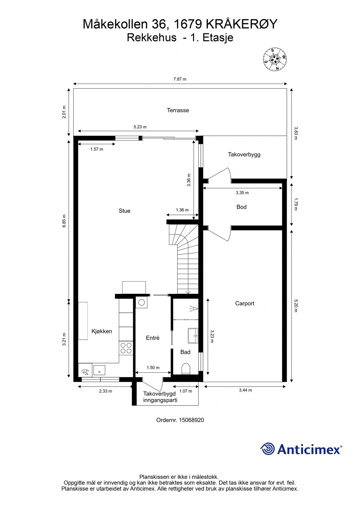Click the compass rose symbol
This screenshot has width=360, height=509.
pos(274,59)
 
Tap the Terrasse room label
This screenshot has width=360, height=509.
pos(178,110)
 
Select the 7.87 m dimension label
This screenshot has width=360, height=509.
pos(180,79)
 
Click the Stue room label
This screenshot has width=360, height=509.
pos(124,211)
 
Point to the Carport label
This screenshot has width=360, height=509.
pos(245,303)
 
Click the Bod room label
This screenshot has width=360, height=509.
pos(242,207)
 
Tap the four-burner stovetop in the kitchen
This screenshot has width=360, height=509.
pos(126,348)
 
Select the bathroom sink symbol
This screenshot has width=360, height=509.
pos(193,336)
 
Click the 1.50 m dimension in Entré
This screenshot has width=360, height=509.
pos(153,368)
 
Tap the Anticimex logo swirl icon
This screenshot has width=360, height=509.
pos(268,449)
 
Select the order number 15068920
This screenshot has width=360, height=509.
pos(191,420)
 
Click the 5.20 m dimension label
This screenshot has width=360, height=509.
pos(296,306)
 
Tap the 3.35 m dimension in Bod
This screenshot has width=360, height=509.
pos(242,193)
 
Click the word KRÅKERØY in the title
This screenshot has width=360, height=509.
pos(242,24)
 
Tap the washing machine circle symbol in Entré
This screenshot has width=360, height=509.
pos(141,302)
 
